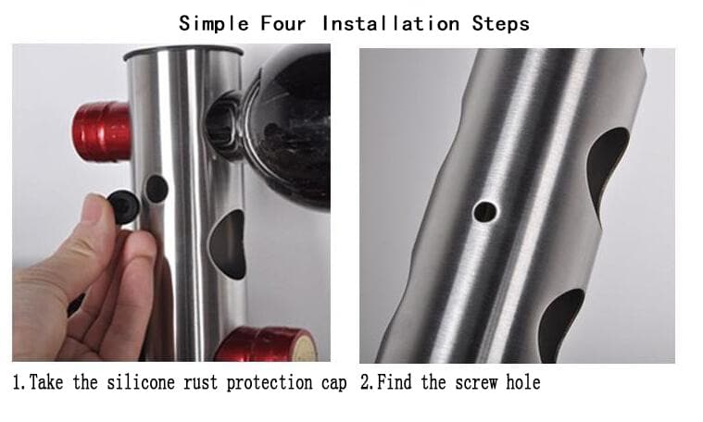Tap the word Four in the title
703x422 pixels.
click(282, 23)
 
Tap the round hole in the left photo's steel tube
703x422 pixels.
click(157, 189)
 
